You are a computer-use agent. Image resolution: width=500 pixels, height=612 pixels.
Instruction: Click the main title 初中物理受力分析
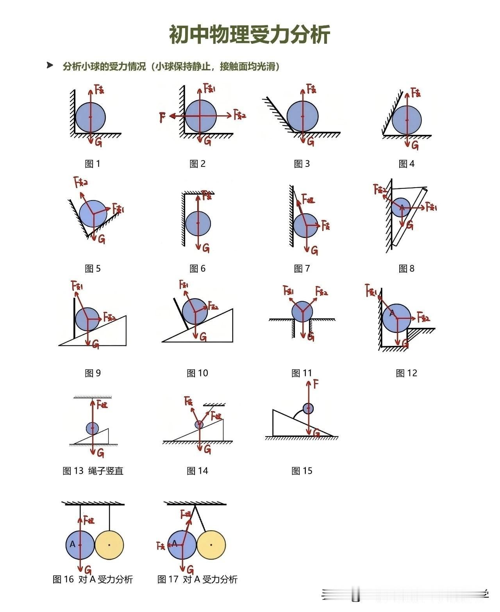(250, 35)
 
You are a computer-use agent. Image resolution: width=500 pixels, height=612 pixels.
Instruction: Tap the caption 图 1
(93, 164)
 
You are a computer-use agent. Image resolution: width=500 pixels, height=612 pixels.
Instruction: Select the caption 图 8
(406, 268)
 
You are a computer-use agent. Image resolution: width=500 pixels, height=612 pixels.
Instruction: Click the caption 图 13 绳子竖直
(93, 471)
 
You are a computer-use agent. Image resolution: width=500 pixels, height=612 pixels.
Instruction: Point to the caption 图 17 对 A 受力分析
(197, 579)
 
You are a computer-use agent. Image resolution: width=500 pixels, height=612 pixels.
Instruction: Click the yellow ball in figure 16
(109, 545)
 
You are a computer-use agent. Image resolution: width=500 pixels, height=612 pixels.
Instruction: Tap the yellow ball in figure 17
(211, 545)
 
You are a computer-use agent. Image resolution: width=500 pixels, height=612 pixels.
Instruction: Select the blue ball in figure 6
(198, 224)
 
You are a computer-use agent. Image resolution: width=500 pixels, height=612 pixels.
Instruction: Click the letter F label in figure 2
(162, 116)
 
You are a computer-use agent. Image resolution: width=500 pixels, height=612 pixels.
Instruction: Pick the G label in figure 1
(98, 143)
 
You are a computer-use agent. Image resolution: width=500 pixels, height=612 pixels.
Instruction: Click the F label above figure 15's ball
(316, 384)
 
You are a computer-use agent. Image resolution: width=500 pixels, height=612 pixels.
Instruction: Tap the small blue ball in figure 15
(308, 408)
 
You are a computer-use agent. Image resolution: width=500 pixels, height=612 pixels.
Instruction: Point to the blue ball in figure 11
(302, 311)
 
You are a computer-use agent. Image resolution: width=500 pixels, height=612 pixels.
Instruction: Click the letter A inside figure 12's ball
(391, 313)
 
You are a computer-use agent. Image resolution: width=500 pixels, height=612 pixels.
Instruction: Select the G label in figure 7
(314, 250)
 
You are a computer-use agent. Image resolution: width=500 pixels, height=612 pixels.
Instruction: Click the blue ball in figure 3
(302, 116)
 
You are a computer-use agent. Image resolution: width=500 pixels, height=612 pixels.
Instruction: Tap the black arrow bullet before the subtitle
(50, 65)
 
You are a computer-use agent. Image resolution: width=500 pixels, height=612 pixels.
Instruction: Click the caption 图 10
(197, 373)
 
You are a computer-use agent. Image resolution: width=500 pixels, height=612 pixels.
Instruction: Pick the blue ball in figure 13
(93, 428)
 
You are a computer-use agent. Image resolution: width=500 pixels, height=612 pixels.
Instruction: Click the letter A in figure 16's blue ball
(72, 544)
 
